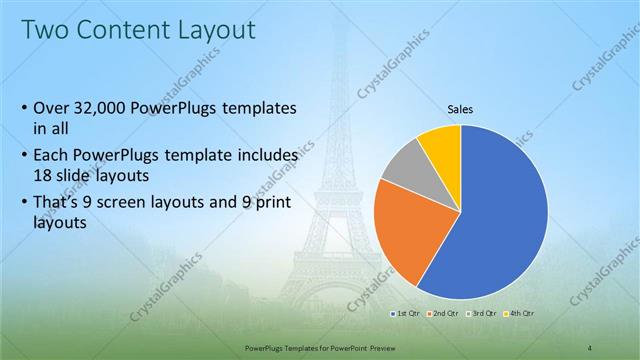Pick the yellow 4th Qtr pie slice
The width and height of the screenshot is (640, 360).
441,145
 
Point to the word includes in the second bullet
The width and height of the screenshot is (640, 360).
265,157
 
